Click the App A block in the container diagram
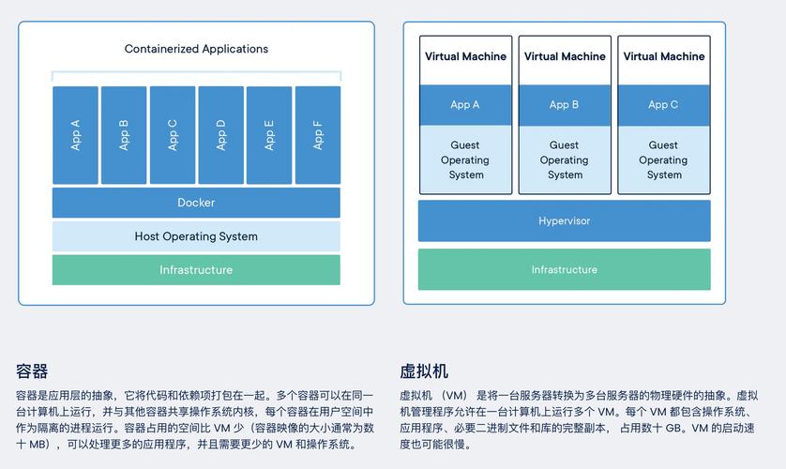click(x=75, y=135)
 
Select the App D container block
click(x=220, y=135)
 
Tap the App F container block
click(x=318, y=135)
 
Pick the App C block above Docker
click(x=173, y=135)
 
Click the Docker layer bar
click(x=196, y=203)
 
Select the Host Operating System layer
click(x=196, y=236)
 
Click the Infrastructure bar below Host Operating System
click(x=196, y=270)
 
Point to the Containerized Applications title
click(x=196, y=49)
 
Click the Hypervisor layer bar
click(x=564, y=221)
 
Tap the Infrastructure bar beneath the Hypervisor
click(x=564, y=270)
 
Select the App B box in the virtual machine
click(x=565, y=105)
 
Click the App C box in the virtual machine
click(x=663, y=105)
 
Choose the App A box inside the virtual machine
click(x=465, y=105)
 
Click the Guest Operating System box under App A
click(x=465, y=159)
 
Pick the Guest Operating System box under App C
click(x=663, y=159)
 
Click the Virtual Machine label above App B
click(x=565, y=56)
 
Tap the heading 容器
click(x=32, y=371)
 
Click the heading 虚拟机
click(x=424, y=371)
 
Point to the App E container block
click(x=269, y=135)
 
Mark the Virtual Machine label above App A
click(x=465, y=56)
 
